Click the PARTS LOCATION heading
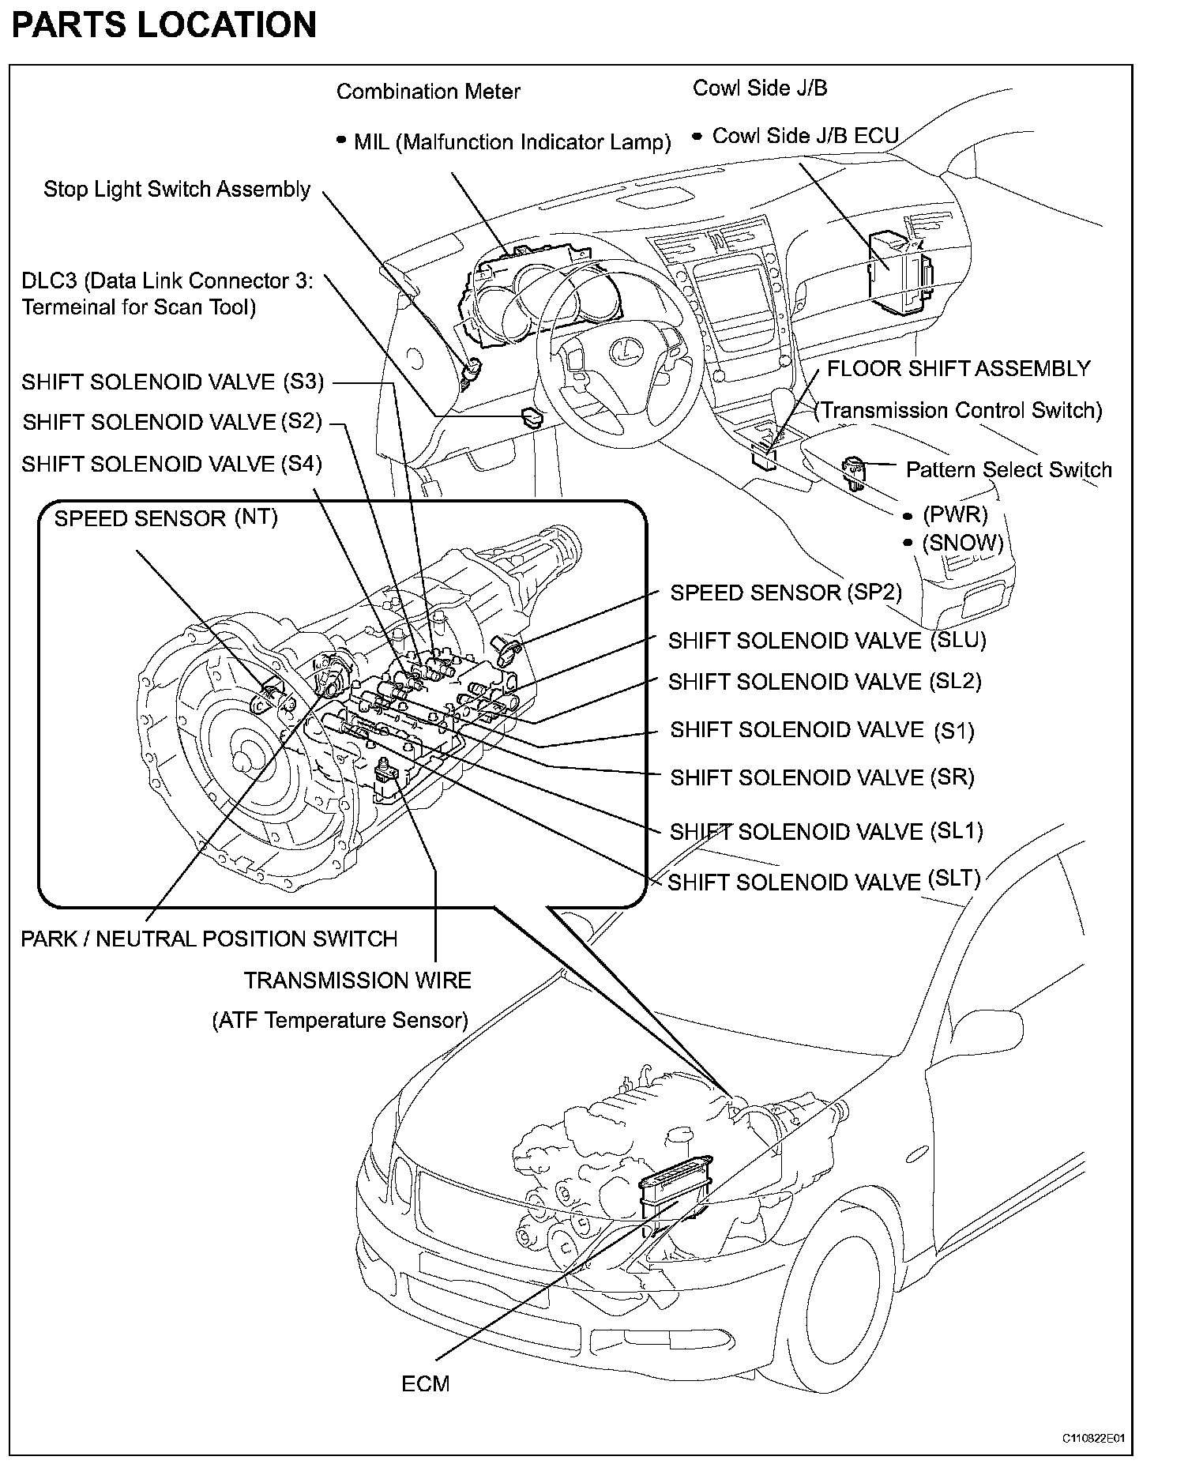(x=164, y=24)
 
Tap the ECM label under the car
(x=426, y=1383)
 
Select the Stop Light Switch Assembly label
(x=177, y=190)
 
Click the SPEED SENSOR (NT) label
(x=166, y=518)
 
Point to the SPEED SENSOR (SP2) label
(x=786, y=593)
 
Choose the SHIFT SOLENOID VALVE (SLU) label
(x=827, y=640)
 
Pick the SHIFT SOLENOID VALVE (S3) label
(x=172, y=382)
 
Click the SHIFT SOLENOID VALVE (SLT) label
(x=824, y=881)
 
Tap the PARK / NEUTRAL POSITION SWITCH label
(x=209, y=939)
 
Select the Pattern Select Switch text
(x=1009, y=469)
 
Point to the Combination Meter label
(x=428, y=92)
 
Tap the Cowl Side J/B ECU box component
(x=899, y=268)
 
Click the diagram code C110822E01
(x=1092, y=1439)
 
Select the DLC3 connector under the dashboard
(x=530, y=416)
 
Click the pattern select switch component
(x=855, y=472)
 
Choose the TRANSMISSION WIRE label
(x=357, y=980)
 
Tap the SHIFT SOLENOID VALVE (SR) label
(x=822, y=777)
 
